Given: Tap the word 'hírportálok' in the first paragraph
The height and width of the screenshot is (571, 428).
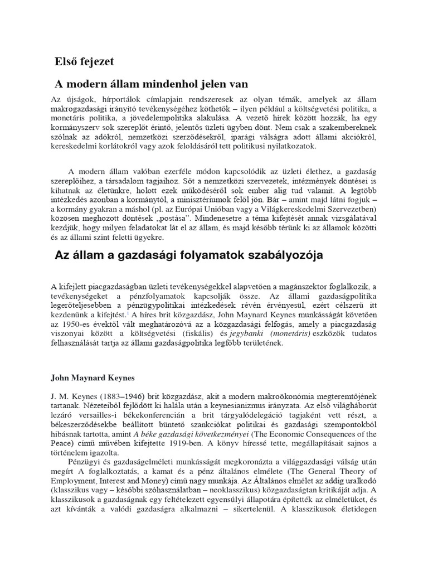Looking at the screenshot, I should tap(105, 98).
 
